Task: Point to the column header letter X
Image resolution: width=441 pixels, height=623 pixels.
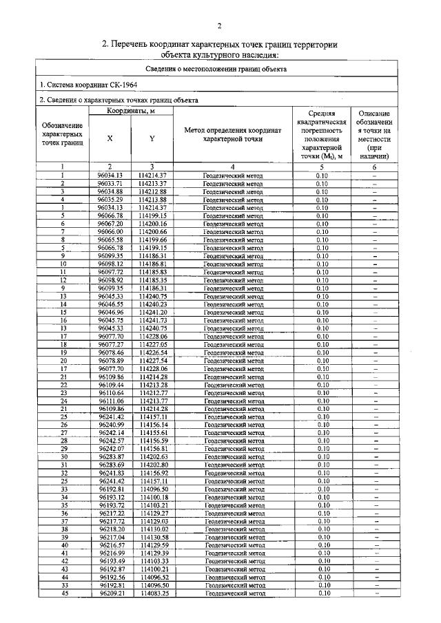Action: point(110,138)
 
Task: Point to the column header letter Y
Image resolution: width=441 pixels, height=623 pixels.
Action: point(152,138)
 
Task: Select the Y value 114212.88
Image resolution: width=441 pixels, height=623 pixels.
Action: point(152,191)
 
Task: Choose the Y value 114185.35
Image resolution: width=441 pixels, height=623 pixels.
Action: point(152,280)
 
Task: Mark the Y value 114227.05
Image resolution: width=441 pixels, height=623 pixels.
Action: point(152,344)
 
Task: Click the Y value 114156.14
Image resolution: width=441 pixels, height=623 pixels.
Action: point(152,425)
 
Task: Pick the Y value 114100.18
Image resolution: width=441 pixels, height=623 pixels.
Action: point(152,496)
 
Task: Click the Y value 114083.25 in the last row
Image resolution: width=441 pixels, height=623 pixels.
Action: point(152,593)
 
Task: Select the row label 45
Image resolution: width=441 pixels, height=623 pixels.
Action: point(63,593)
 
